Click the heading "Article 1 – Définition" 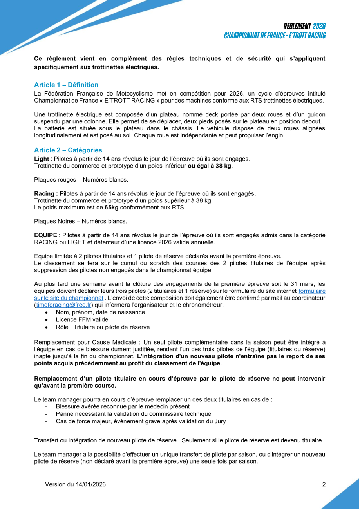pos(66,85)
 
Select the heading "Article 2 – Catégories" pos(68,150)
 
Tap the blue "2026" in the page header pos(319,26)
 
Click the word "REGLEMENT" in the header pos(297,26)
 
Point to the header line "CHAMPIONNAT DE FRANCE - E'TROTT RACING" pos(275,36)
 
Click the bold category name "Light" pos(42,159)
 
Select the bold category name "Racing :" pos(46,193)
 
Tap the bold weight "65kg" pos(111,207)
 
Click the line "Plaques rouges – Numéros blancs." pos(81,180)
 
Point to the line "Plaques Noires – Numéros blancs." pos(81,221)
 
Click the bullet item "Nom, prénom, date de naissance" pos(100,312)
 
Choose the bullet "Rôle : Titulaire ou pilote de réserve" pos(103,327)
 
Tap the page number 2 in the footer pos(324,484)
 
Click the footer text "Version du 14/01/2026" pos(75,484)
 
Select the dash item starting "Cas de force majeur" pos(141,421)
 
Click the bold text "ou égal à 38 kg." pos(210,166)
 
